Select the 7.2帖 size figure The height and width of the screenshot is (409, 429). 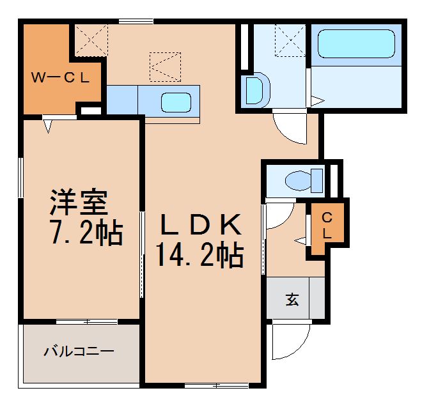(x=86, y=234)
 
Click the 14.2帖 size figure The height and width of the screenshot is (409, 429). (x=199, y=256)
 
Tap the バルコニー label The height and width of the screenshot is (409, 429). (x=79, y=351)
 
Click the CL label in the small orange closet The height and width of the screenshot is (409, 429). (x=326, y=226)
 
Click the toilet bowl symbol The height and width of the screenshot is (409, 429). (x=301, y=180)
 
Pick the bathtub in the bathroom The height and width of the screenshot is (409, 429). (x=356, y=45)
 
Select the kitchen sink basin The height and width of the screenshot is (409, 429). (x=175, y=102)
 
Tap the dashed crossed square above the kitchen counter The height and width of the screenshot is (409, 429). (x=165, y=66)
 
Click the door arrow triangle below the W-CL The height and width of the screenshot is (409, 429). (x=49, y=127)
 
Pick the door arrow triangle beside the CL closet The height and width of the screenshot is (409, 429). (x=300, y=240)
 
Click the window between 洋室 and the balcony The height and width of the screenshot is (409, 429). (x=86, y=321)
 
